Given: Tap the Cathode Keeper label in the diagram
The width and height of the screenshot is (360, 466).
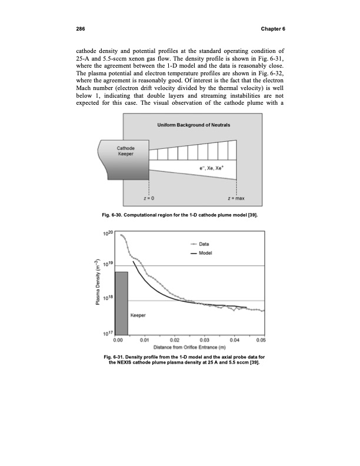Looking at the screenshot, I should [125, 151].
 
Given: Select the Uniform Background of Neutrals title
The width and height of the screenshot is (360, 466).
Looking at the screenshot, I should [194, 127].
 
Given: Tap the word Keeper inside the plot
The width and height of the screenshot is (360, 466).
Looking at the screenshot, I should [138, 315].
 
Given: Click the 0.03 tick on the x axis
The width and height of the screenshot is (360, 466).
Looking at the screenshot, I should [204, 340].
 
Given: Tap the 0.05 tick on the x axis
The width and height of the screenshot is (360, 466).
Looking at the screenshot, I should [261, 340].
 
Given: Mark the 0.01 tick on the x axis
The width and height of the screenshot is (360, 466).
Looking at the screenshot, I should [146, 340].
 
